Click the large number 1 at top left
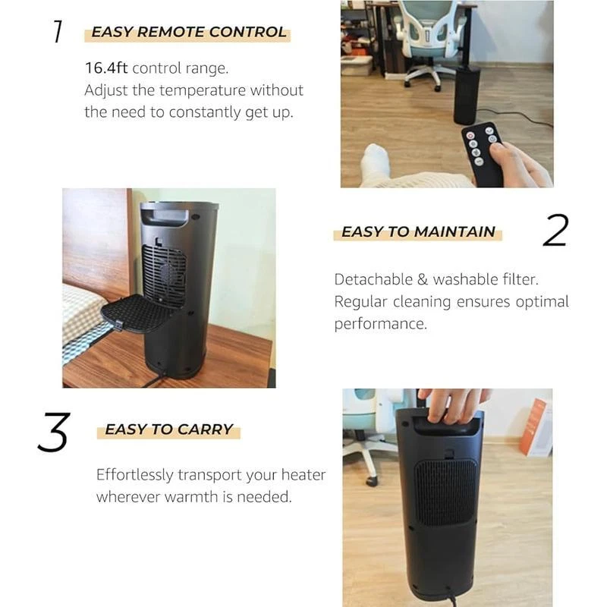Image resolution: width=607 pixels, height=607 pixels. click(x=58, y=31)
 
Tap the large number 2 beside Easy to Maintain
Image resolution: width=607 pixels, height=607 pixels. click(x=555, y=231)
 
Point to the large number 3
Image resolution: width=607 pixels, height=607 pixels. click(x=54, y=432)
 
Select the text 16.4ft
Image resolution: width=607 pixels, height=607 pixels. click(x=106, y=68)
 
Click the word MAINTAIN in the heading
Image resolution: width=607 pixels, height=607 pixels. click(x=454, y=232)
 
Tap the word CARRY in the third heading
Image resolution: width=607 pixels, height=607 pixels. click(x=205, y=429)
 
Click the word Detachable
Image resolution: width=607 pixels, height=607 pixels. click(x=373, y=279)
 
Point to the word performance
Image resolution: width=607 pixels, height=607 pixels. click(x=381, y=325)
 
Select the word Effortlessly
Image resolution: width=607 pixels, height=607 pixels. click(x=135, y=475)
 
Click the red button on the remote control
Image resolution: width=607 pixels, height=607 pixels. click(x=470, y=136)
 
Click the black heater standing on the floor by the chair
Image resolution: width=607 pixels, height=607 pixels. click(x=467, y=95)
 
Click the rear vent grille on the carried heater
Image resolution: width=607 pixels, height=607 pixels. click(x=445, y=492)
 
